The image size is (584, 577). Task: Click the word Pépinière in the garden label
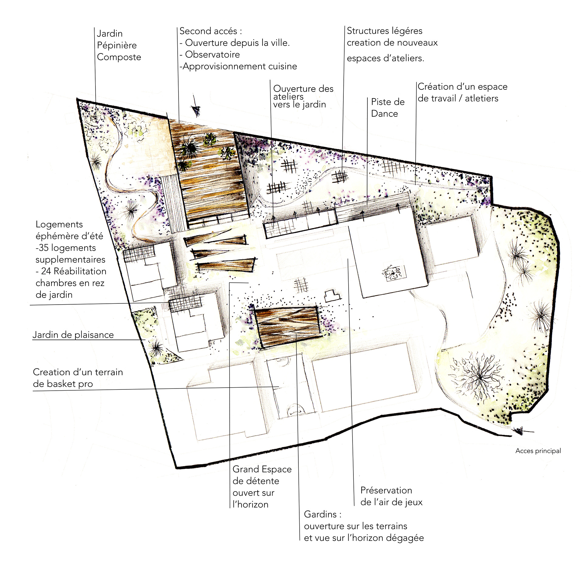point(117,45)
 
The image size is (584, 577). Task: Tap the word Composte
point(119,57)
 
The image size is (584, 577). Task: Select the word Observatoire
point(212,54)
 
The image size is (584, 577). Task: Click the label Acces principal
point(538,451)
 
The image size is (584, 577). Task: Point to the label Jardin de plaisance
point(73,335)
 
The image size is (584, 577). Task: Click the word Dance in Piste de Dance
point(384,114)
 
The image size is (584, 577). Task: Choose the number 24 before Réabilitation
point(46,271)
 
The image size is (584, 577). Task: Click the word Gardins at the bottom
point(320,514)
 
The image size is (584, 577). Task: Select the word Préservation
point(386,490)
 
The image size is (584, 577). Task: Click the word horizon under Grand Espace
point(252,505)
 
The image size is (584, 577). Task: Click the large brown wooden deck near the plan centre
point(287,327)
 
